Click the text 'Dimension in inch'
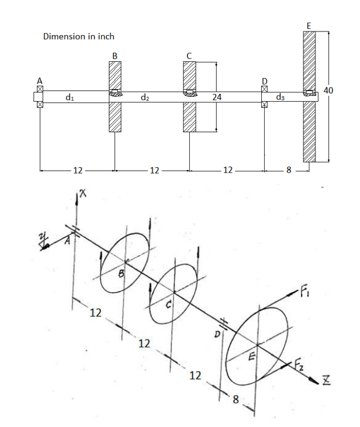tap(79, 37)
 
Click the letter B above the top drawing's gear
tap(114, 56)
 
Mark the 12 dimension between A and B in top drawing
tap(77, 171)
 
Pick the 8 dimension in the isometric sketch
tap(237, 400)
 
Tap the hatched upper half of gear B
tap(114, 75)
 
